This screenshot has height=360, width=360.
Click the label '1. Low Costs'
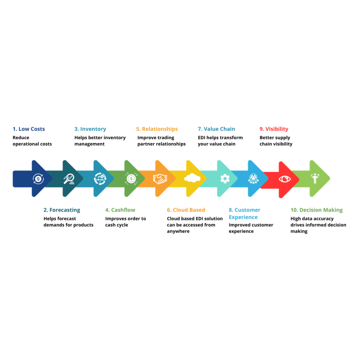point(29,129)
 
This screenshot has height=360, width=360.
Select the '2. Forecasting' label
point(62,210)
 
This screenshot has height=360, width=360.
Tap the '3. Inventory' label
point(90,129)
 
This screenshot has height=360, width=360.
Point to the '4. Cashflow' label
point(120,210)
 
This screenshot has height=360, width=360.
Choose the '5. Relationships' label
point(157,129)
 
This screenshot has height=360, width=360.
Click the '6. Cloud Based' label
point(186,210)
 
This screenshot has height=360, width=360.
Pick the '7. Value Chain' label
point(217,129)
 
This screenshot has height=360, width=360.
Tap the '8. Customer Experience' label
point(244,213)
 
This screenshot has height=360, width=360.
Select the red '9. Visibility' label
point(274,129)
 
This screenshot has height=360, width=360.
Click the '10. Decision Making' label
point(316,210)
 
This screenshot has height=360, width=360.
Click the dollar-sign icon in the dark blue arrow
point(38,179)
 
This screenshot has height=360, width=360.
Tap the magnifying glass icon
point(69,179)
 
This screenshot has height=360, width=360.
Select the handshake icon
point(160,179)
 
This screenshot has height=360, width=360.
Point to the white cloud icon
point(192,178)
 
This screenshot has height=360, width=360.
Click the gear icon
point(225,179)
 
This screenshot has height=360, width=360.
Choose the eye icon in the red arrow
point(285,179)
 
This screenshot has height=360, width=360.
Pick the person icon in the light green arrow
point(315,178)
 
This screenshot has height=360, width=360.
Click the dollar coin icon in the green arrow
point(131,179)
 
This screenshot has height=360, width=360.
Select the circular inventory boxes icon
point(100,179)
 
